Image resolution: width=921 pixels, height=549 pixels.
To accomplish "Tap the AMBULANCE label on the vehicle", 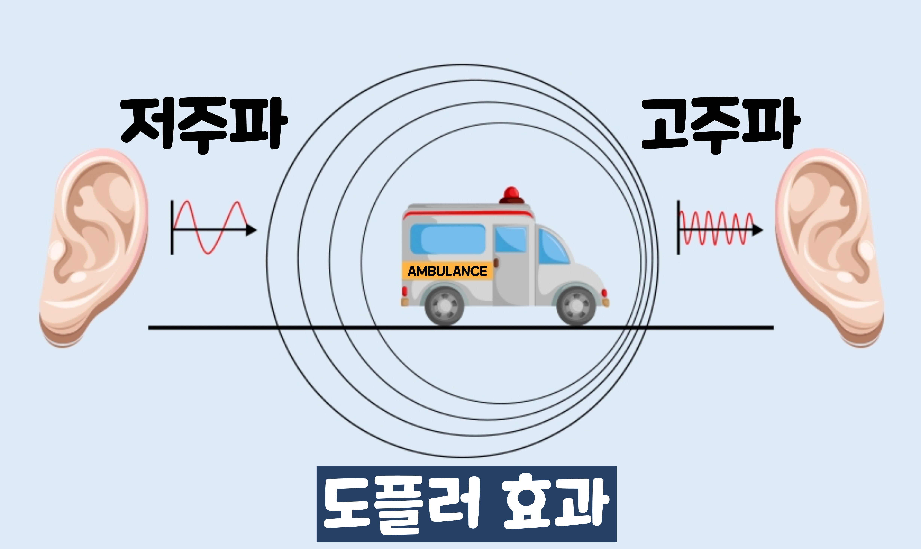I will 447,271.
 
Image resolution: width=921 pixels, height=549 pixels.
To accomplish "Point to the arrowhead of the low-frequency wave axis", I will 252,230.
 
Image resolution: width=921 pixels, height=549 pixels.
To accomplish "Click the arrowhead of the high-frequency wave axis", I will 757,230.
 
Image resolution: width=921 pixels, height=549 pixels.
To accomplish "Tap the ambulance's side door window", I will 511,240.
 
